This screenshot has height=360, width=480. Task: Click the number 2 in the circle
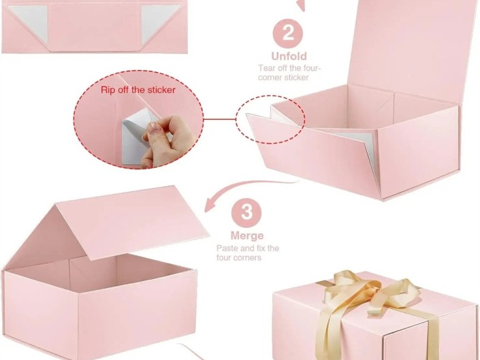(289, 33)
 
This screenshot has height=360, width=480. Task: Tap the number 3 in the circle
(246, 213)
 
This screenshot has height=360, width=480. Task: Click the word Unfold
(289, 56)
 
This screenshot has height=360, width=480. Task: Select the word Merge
(247, 236)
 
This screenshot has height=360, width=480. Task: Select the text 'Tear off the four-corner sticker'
(289, 73)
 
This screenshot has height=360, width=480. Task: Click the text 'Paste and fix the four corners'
(247, 253)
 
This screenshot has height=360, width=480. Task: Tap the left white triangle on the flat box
(25, 29)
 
